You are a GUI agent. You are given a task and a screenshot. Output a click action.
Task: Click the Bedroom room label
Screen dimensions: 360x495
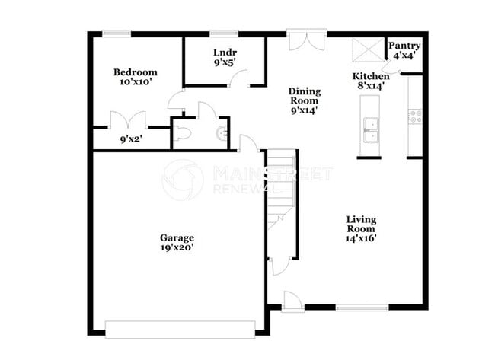[135, 72]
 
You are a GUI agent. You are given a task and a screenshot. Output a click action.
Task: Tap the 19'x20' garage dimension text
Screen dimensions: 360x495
[177, 248]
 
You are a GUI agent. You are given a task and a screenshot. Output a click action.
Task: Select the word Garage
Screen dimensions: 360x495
[177, 237]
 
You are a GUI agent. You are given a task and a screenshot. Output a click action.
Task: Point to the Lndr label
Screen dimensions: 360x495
[224, 53]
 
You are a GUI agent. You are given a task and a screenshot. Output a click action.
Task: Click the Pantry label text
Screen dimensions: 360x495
[404, 46]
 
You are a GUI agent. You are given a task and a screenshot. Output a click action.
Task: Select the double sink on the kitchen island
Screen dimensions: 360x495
[371, 130]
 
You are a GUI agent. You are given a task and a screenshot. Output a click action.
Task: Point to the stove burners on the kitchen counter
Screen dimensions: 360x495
[416, 116]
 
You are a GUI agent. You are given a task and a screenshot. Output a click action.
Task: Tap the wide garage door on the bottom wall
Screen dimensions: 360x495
[180, 329]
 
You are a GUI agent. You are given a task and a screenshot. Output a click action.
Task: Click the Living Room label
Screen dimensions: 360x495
[361, 225]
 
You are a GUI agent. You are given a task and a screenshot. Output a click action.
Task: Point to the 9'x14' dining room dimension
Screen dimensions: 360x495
[304, 110]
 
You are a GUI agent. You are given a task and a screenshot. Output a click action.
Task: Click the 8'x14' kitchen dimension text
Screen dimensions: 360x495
[371, 86]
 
